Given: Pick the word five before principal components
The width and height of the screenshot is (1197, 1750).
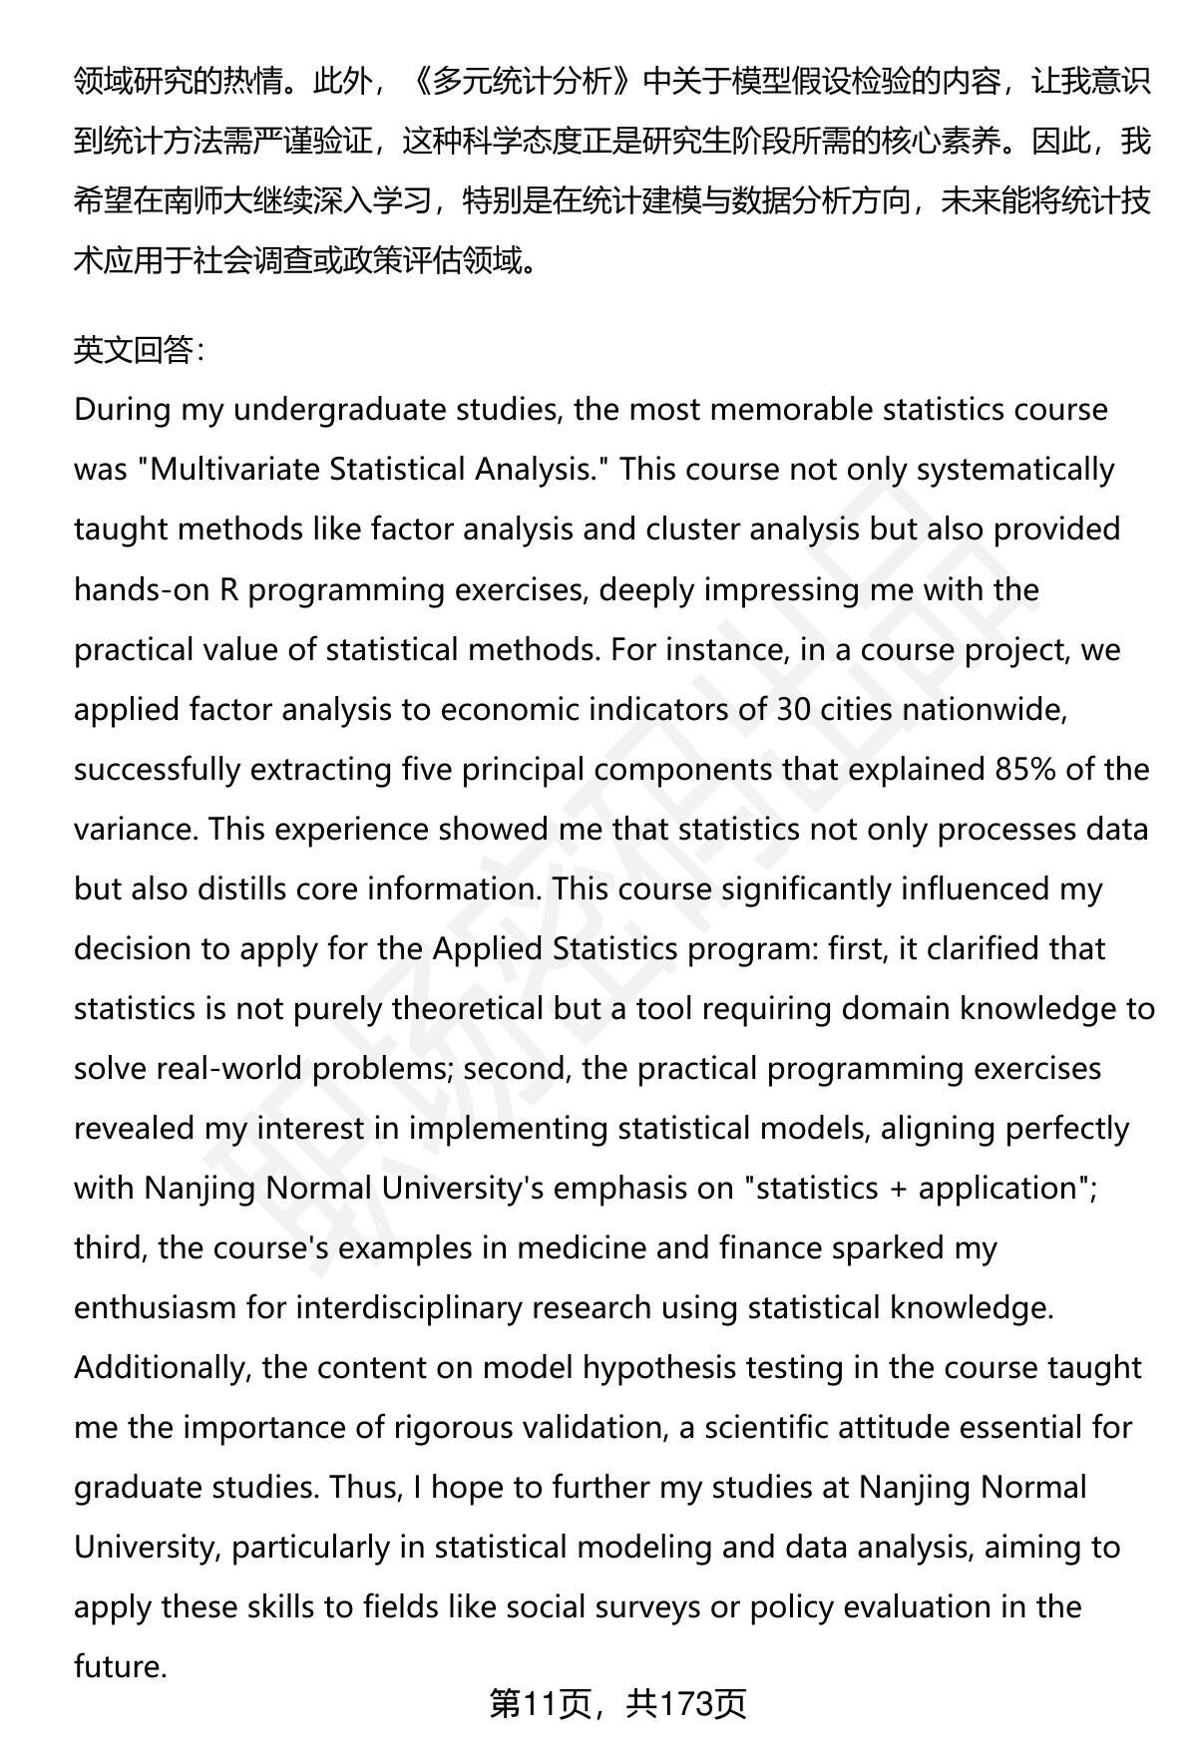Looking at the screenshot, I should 428,769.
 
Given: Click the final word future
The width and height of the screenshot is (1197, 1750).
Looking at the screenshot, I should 119,1666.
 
